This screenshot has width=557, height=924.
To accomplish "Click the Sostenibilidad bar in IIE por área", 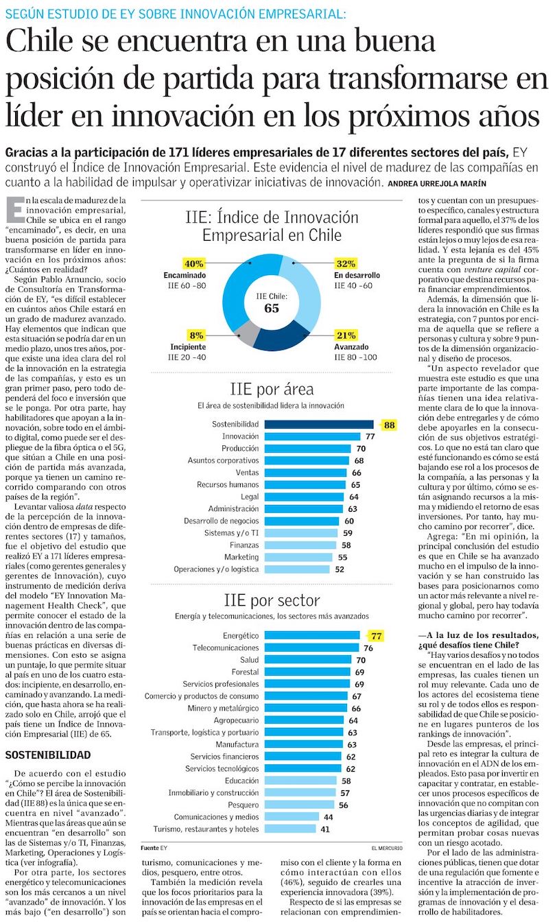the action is click(x=319, y=424).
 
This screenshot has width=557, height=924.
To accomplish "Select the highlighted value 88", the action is click(x=389, y=425).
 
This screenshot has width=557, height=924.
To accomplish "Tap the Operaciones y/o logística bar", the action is click(x=297, y=569).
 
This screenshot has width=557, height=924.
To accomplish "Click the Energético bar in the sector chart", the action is click(x=312, y=635).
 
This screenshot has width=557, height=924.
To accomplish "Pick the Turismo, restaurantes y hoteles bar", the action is click(x=290, y=829).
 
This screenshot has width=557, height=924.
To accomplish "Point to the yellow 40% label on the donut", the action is click(x=193, y=263).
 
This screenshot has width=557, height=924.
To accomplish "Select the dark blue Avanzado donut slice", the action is click(x=281, y=335).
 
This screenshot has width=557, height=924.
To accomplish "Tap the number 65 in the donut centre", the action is click(x=272, y=308).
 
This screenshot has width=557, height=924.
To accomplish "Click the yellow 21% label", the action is click(x=346, y=335).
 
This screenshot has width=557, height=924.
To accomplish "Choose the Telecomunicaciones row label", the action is click(x=226, y=648).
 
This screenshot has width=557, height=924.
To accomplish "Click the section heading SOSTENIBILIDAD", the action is click(x=48, y=755).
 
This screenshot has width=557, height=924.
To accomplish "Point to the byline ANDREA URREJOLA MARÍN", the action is click(x=437, y=184).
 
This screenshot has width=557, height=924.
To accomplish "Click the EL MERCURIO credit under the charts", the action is click(x=387, y=848).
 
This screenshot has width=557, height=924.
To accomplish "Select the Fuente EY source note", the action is click(x=154, y=848).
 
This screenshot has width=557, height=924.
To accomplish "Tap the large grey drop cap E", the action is click(x=15, y=209).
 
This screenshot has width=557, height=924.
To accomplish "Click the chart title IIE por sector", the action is click(x=272, y=600).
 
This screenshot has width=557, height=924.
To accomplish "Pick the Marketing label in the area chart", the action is click(x=241, y=557).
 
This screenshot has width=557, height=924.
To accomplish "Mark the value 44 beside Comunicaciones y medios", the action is click(x=329, y=817).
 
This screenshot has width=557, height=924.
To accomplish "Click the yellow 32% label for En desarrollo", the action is click(x=346, y=263).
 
